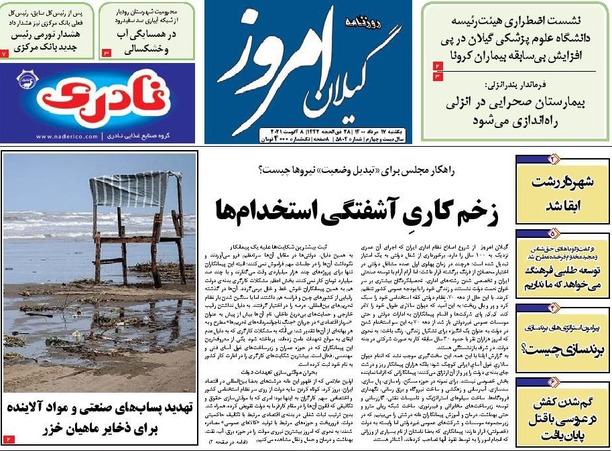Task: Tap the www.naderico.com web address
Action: (x=67, y=137)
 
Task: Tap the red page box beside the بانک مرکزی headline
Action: (x=5, y=52)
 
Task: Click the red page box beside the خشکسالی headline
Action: (x=106, y=52)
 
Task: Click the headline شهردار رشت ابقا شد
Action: (x=562, y=193)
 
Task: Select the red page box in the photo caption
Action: (x=9, y=438)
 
